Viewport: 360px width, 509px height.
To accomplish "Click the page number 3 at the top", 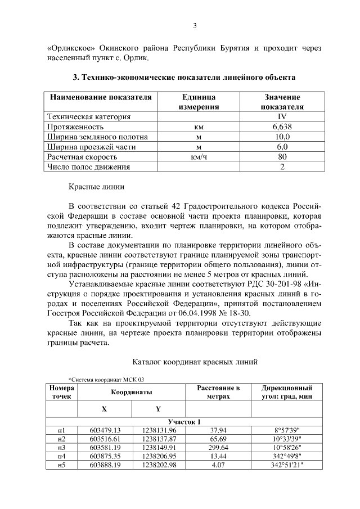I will coord(194,26).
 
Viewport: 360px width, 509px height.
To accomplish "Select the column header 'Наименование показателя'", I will coord(101,97).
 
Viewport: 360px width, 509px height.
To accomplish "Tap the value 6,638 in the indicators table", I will coord(282,127).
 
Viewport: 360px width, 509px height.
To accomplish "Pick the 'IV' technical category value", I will coord(282,116).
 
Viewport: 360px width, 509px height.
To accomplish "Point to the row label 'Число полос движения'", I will coord(89,167).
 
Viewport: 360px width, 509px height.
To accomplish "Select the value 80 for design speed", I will coord(282,157).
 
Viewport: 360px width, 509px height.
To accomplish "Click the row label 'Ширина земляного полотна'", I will coord(97,137).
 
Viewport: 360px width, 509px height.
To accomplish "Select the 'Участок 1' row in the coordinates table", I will coord(184,422).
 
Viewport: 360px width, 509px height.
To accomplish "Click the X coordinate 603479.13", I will coord(105,430).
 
